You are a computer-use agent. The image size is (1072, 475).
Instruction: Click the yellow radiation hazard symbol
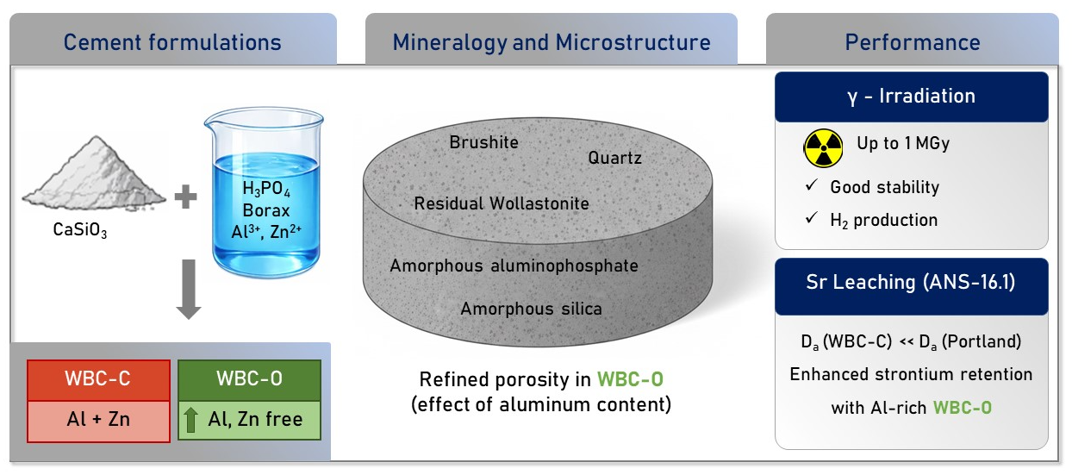pos(823,148)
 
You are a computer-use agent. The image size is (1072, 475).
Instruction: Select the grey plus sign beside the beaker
pos(185,197)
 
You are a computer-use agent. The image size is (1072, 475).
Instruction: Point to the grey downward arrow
pos(189,289)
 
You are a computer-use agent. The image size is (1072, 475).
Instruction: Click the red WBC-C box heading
pos(98,379)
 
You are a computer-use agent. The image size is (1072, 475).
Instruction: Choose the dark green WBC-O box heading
pos(249,379)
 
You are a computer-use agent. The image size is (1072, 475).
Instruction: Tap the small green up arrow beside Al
pos(190,420)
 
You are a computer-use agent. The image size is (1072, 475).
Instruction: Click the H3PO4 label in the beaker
pos(266,189)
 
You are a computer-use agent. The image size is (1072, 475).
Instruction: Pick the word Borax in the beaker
pos(266,210)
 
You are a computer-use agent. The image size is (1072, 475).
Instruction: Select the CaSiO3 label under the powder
pos(80,230)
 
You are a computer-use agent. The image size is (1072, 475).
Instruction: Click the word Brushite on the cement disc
pos(483,142)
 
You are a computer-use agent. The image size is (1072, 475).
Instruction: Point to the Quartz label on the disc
pos(614,158)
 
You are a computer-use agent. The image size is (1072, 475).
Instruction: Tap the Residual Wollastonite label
pos(502,203)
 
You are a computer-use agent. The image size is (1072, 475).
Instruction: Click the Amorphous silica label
pos(531,309)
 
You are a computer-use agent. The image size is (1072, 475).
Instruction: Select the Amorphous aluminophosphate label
pos(514,266)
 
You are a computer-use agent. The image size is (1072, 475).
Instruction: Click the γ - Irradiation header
pos(911,97)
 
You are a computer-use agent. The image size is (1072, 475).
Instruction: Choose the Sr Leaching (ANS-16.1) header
pos(911,282)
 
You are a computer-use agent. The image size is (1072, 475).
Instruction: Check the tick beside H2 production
pos(811,218)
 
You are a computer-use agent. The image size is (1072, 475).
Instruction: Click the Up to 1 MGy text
pos(903,143)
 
